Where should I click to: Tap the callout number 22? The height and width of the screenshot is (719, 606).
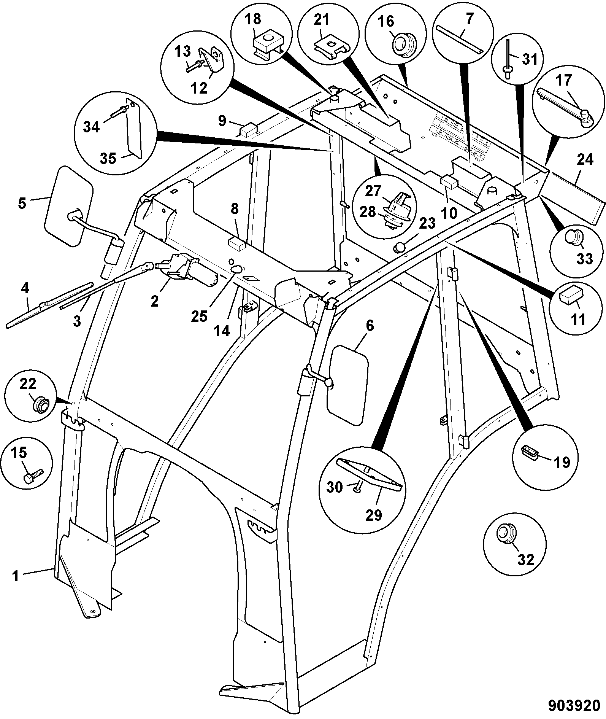(x=27, y=384)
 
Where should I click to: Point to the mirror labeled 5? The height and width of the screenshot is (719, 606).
(x=68, y=207)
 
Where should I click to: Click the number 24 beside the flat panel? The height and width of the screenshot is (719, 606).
(x=585, y=159)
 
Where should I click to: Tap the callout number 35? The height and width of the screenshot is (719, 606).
(x=108, y=158)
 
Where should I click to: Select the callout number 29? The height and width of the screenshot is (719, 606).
(x=373, y=515)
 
